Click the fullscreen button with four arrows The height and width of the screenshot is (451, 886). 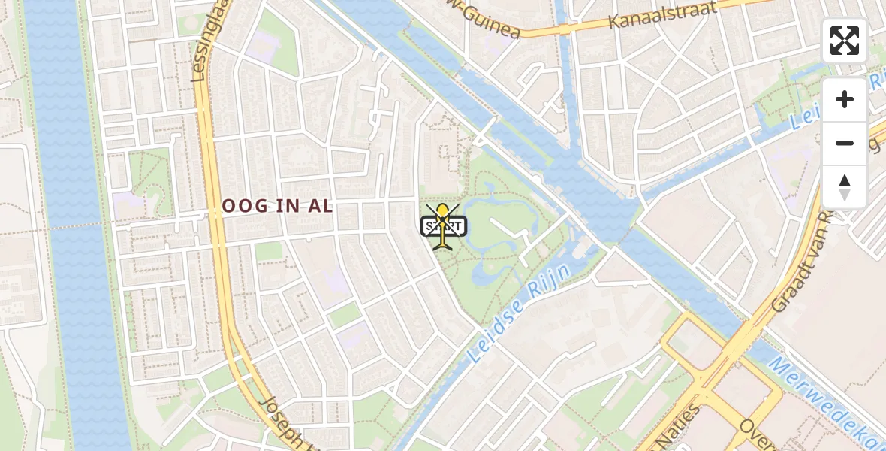[845, 41]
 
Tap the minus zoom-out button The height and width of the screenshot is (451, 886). [845, 143]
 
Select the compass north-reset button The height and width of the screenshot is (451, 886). [845, 187]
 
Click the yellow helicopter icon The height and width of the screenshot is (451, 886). [443, 225]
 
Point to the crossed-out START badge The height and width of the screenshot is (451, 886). [444, 225]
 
